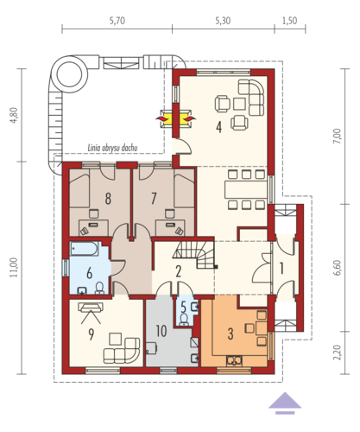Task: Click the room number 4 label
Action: [x=219, y=127]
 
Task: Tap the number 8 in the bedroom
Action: [x=108, y=199]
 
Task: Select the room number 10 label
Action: [x=161, y=331]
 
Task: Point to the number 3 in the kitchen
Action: [x=231, y=334]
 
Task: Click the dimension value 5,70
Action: [x=117, y=21]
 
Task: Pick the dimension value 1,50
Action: [x=290, y=21]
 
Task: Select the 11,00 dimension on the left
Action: [x=15, y=267]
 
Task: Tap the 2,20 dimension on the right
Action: [x=338, y=353]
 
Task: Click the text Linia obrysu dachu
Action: [x=112, y=148]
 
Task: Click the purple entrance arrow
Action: [x=285, y=403]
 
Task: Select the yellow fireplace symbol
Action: [x=175, y=118]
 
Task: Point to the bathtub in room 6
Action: [x=85, y=249]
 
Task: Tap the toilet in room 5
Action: [x=184, y=319]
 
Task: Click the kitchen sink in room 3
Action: [x=234, y=360]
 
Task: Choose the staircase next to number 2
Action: [x=194, y=254]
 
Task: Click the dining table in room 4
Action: [x=246, y=189]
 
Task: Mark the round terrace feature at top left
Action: [x=70, y=74]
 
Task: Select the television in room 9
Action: [x=91, y=307]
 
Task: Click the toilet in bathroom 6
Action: [x=99, y=289]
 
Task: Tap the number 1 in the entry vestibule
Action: [x=282, y=269]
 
